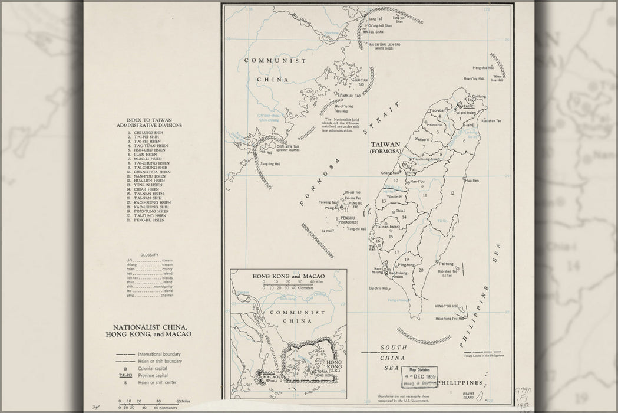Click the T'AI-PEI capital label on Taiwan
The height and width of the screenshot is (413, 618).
point(469,107)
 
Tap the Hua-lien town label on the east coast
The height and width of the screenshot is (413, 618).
point(472,181)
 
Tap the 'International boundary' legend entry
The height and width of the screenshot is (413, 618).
point(159,354)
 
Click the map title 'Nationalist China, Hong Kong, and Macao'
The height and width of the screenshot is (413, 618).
point(149,330)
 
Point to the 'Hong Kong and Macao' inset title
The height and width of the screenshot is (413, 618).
point(286,276)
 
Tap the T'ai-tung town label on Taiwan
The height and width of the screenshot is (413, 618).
point(445,264)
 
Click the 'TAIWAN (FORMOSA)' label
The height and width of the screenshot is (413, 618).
point(385,147)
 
